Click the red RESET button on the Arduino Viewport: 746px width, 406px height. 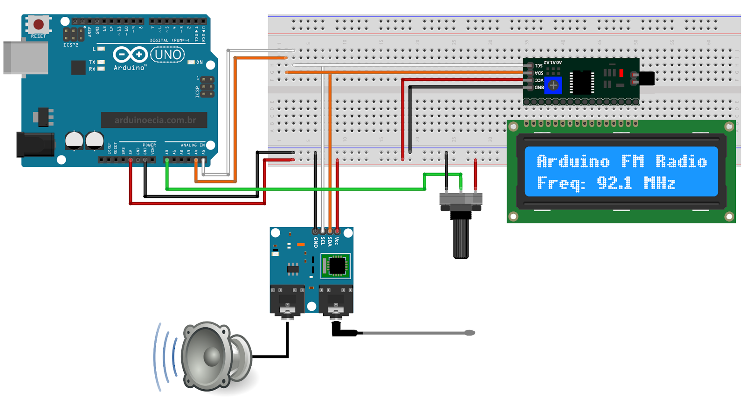(38, 24)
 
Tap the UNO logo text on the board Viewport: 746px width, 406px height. (167, 55)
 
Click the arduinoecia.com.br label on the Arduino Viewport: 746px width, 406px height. (155, 120)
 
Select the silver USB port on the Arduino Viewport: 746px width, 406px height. (26, 58)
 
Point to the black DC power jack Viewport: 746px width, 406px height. (35, 144)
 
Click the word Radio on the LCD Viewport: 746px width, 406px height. (681, 161)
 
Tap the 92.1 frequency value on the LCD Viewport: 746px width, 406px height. (614, 183)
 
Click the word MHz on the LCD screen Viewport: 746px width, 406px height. (659, 183)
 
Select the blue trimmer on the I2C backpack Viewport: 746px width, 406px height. (553, 85)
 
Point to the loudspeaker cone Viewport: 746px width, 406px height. (212, 356)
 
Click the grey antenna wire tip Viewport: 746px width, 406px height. (470, 333)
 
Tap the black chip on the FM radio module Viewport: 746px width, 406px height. (337, 266)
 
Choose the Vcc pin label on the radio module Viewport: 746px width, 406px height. (337, 241)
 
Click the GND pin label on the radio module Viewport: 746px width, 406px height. (316, 242)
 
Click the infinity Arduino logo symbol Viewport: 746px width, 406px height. (130, 55)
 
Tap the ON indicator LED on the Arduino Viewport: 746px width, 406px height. (191, 62)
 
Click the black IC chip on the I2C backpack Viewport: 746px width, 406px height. (581, 83)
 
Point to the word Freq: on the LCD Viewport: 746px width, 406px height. (561, 183)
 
